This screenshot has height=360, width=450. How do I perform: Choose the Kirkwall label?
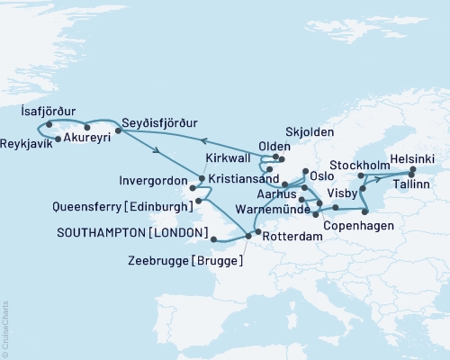point(225,157)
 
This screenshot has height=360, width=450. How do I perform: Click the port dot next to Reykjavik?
point(58,139)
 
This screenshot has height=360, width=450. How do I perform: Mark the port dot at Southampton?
point(212,238)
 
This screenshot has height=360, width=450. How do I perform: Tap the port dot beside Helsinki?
point(412,169)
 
